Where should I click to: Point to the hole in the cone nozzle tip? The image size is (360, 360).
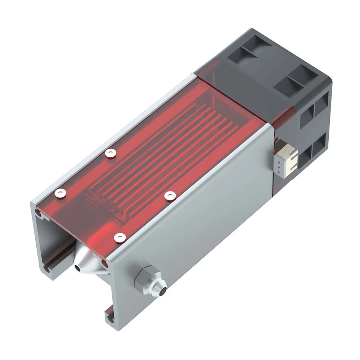click(78, 268)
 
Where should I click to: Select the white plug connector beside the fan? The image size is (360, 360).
click(287, 158)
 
